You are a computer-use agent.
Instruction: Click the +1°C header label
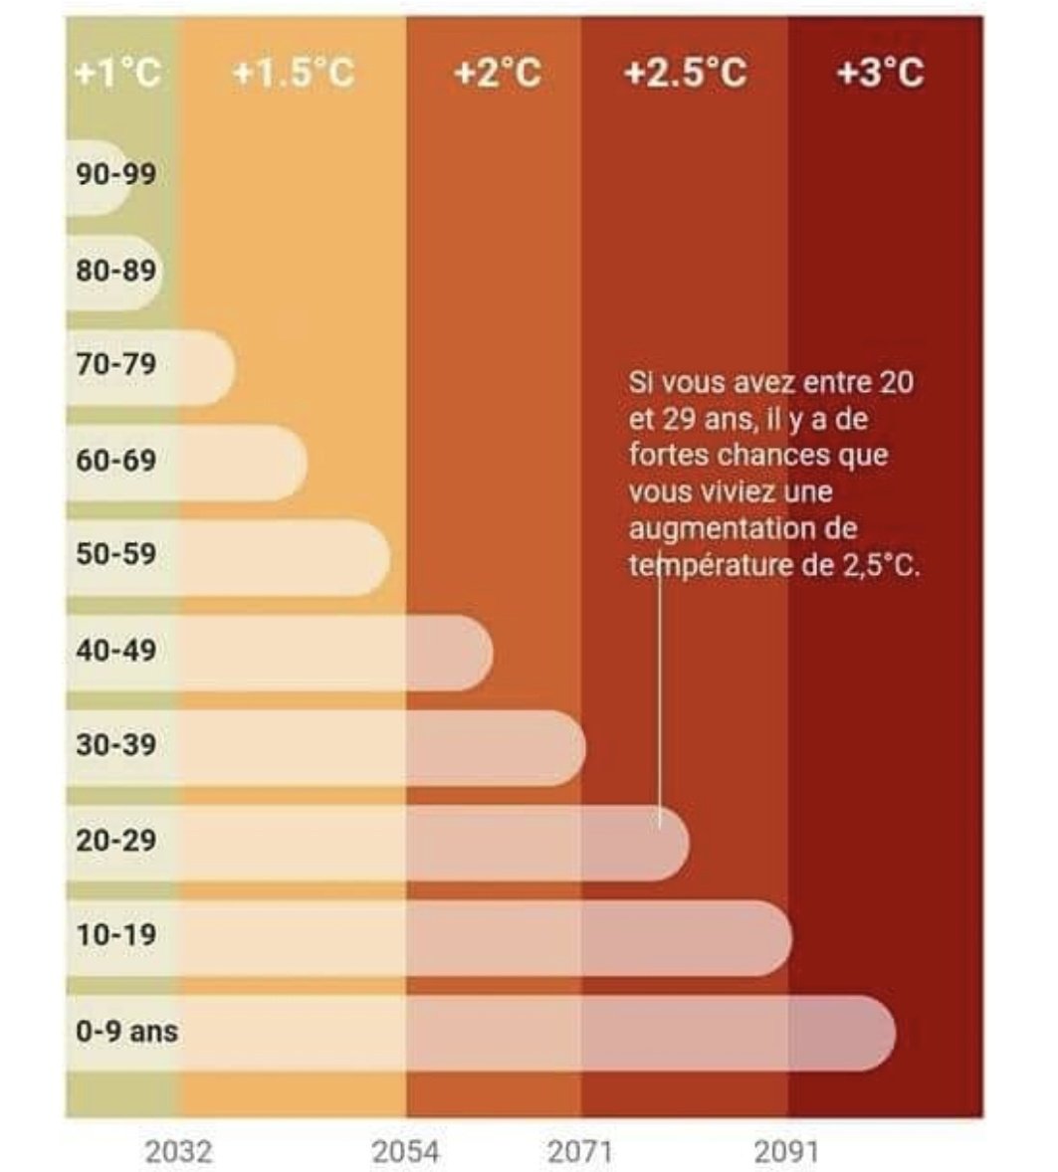coord(117,73)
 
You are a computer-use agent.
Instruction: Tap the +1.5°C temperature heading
coord(293,73)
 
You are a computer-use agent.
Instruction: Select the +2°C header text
coord(498,73)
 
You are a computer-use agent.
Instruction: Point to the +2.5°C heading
coord(685,73)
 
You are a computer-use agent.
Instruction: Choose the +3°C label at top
coord(880,73)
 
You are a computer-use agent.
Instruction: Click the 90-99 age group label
coord(115,174)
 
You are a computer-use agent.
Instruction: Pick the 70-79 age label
coord(115,364)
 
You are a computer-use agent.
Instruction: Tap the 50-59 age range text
coord(115,554)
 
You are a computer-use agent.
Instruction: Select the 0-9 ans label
coord(126,1032)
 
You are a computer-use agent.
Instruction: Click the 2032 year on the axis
coord(179,1152)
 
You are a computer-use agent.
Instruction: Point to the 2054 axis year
coord(405,1152)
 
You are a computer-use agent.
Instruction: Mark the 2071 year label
coord(580,1152)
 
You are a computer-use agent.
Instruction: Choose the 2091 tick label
coord(786,1152)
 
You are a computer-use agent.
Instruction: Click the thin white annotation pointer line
coord(660,696)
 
